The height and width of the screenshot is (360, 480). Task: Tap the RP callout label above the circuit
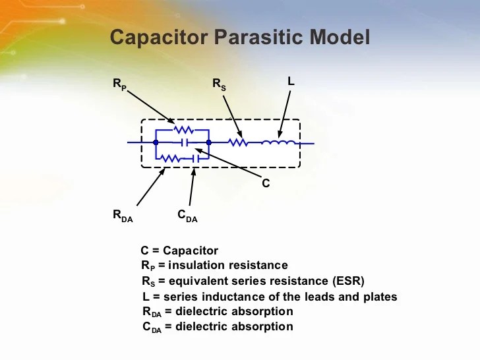click(119, 84)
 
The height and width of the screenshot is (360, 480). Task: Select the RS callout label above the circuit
click(218, 84)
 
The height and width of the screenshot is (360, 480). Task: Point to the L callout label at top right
click(291, 80)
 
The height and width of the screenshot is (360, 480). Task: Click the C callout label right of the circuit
click(266, 184)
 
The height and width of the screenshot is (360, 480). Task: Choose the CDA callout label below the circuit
click(187, 215)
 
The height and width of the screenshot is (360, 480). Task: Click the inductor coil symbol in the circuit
click(278, 142)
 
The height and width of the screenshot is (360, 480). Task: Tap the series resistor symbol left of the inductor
click(237, 142)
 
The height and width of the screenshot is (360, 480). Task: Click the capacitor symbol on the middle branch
click(186, 142)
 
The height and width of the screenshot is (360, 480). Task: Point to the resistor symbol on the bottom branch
click(171, 158)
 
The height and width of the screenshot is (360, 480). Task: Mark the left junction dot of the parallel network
click(156, 142)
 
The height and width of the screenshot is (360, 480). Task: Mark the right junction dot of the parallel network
click(208, 142)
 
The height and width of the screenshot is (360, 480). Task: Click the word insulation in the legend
click(198, 265)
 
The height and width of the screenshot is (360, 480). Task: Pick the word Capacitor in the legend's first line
click(191, 251)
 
